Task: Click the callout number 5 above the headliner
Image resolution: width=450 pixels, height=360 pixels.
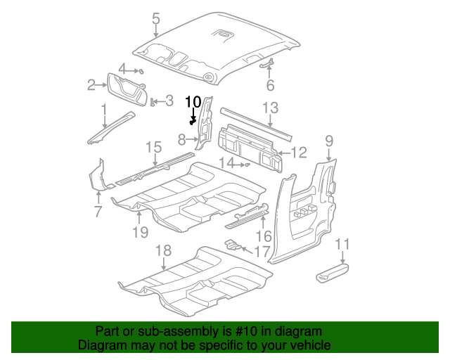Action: tap(155, 18)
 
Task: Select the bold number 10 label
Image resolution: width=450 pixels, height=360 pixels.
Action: tap(193, 101)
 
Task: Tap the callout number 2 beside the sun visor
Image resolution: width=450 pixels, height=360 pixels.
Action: tap(91, 86)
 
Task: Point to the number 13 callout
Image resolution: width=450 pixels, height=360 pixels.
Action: tap(271, 108)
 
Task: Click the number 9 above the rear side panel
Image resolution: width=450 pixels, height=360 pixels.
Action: tap(328, 141)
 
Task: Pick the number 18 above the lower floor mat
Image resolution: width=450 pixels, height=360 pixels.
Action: tap(163, 250)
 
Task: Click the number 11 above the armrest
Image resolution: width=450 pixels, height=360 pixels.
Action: tap(342, 244)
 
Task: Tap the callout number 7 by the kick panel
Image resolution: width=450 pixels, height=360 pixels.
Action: tap(98, 210)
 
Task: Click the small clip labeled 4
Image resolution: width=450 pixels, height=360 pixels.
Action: tap(141, 71)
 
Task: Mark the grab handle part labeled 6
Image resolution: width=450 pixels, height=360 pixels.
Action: tap(266, 65)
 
